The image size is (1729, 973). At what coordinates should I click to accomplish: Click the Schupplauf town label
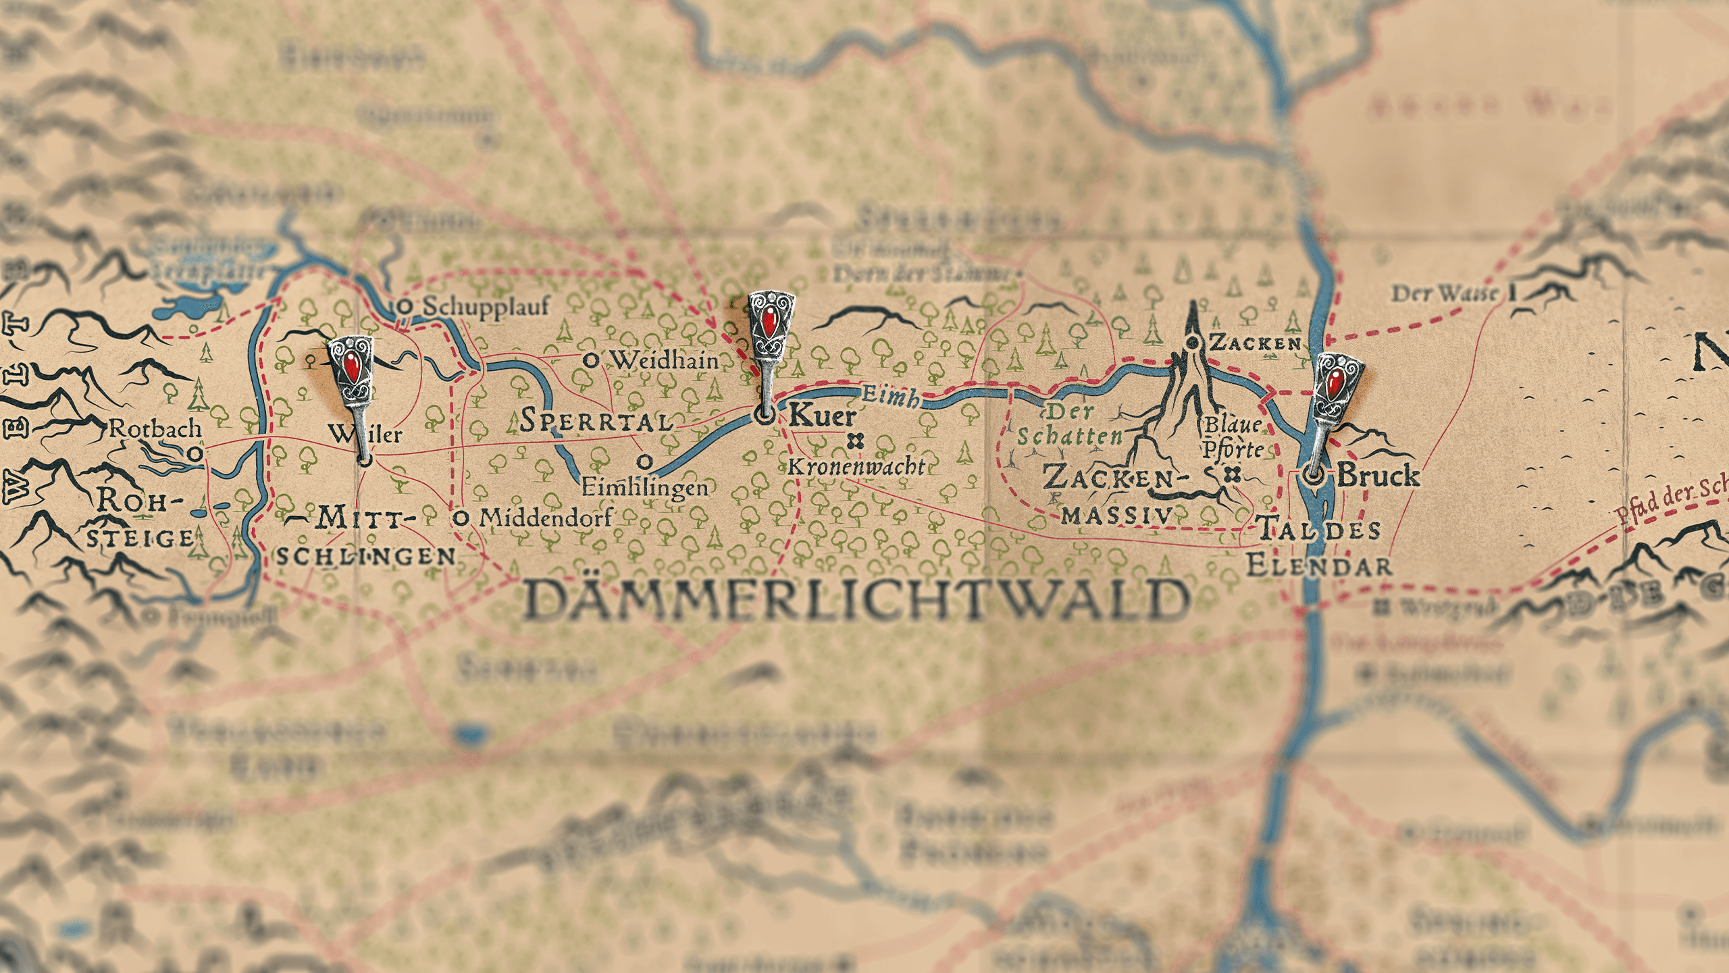(x=486, y=307)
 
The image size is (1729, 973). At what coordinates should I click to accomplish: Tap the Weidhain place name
(x=665, y=360)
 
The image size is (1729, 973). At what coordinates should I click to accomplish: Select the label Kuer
(x=822, y=415)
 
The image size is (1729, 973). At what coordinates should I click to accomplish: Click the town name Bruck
(x=1378, y=475)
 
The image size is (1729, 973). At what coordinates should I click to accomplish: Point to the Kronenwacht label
(x=856, y=466)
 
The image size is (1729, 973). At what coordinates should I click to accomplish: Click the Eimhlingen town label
(x=645, y=487)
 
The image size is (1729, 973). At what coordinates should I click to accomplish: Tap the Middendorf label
(x=546, y=518)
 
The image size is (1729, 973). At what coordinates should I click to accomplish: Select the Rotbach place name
(x=155, y=428)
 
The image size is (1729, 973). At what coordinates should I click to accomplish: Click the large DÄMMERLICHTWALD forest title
(x=856, y=600)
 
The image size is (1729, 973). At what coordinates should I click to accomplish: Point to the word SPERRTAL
(x=597, y=421)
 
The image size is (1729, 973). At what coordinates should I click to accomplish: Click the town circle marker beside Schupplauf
(x=405, y=307)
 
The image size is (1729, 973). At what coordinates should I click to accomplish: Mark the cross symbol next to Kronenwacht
(x=856, y=441)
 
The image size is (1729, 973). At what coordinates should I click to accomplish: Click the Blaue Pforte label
(x=1233, y=436)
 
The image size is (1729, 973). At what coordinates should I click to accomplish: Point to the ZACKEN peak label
(x=1255, y=343)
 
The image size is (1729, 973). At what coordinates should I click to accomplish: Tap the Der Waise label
(x=1444, y=294)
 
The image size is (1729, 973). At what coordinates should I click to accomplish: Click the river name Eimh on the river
(x=890, y=396)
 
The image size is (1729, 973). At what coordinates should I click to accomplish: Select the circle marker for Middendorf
(x=461, y=518)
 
